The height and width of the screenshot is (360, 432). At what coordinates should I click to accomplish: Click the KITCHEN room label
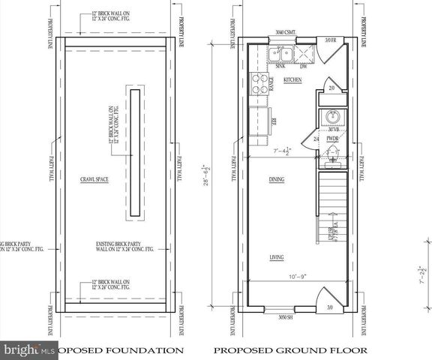[292, 78]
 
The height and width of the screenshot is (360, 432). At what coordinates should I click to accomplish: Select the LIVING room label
[278, 257]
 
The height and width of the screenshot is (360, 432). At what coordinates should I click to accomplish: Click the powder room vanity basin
[332, 118]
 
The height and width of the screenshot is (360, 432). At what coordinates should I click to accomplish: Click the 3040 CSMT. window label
[289, 32]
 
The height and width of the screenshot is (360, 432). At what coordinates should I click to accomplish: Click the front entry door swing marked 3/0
[330, 298]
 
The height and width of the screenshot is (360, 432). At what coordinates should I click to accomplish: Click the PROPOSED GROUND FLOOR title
[290, 349]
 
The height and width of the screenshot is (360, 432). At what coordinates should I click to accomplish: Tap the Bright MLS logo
[29, 349]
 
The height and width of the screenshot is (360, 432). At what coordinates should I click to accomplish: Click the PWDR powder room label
[332, 139]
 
